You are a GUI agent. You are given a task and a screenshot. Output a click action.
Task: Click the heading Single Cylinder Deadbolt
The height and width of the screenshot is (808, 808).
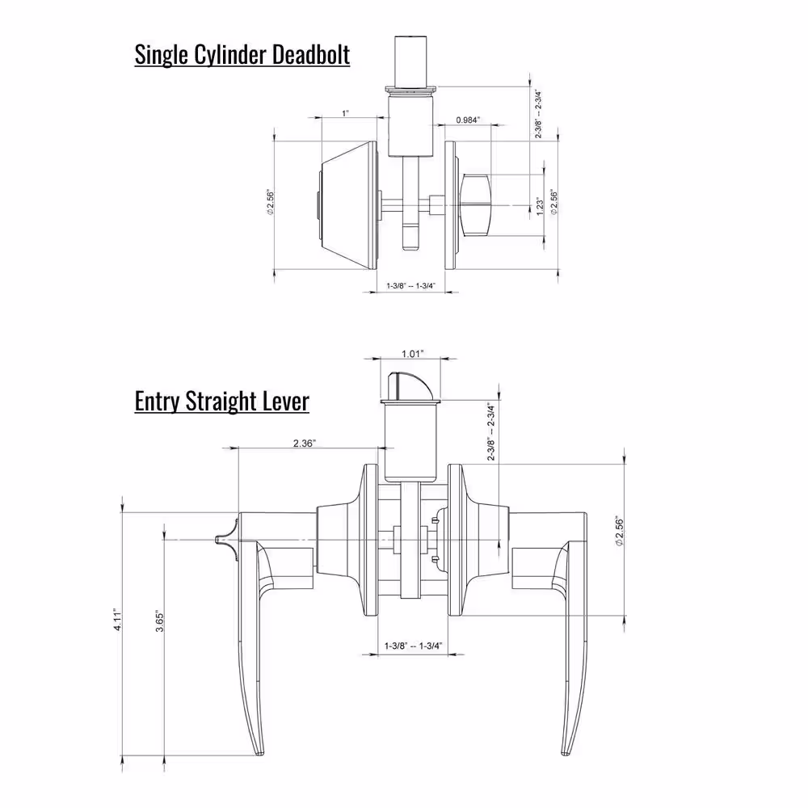(x=242, y=55)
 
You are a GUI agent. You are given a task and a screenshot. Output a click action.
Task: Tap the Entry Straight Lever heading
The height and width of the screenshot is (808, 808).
(x=221, y=401)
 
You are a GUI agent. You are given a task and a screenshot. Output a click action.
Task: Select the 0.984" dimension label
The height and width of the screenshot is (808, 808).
(x=468, y=120)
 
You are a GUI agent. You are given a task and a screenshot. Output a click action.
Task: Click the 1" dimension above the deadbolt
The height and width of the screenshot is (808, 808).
(x=345, y=113)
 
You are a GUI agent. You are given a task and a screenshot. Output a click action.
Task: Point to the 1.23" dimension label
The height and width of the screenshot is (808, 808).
(x=540, y=206)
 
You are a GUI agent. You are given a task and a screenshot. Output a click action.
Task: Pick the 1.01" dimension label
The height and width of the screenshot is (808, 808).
(x=413, y=354)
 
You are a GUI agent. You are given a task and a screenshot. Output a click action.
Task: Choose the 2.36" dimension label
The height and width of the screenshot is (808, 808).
(x=304, y=443)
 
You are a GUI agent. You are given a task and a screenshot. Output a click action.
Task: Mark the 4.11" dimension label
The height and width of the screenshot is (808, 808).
(x=118, y=620)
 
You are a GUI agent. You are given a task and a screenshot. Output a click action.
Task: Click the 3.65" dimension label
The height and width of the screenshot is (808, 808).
(x=160, y=622)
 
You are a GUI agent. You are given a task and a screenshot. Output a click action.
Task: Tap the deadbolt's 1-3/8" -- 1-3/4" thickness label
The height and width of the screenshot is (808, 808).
(x=411, y=285)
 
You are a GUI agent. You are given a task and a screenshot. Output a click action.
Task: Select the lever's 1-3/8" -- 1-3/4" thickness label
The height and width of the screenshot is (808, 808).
(x=413, y=646)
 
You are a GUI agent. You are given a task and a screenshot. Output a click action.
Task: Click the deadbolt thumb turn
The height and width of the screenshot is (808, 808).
(x=476, y=205)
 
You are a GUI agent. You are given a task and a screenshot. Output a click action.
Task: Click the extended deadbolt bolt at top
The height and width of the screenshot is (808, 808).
(x=410, y=62)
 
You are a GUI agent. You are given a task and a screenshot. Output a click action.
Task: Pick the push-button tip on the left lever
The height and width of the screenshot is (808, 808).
(x=217, y=540)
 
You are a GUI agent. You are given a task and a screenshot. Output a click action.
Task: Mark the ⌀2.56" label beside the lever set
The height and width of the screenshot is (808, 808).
(x=620, y=532)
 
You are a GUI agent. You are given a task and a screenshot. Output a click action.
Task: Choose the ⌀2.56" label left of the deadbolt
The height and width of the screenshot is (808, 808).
(x=270, y=203)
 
